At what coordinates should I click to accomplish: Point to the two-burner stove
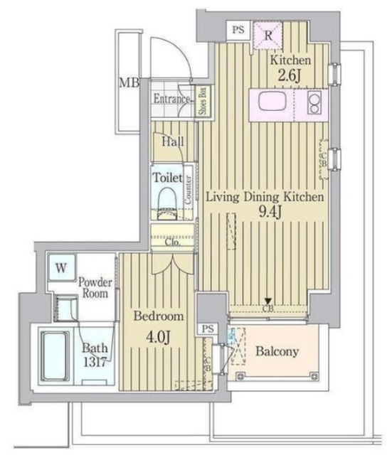pos(314,104)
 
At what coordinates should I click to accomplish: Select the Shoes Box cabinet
pos(203,100)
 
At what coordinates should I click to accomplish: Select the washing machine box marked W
pos(62,268)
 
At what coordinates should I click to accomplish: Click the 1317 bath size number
pos(94,361)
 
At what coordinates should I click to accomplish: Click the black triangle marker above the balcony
pos(268,301)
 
